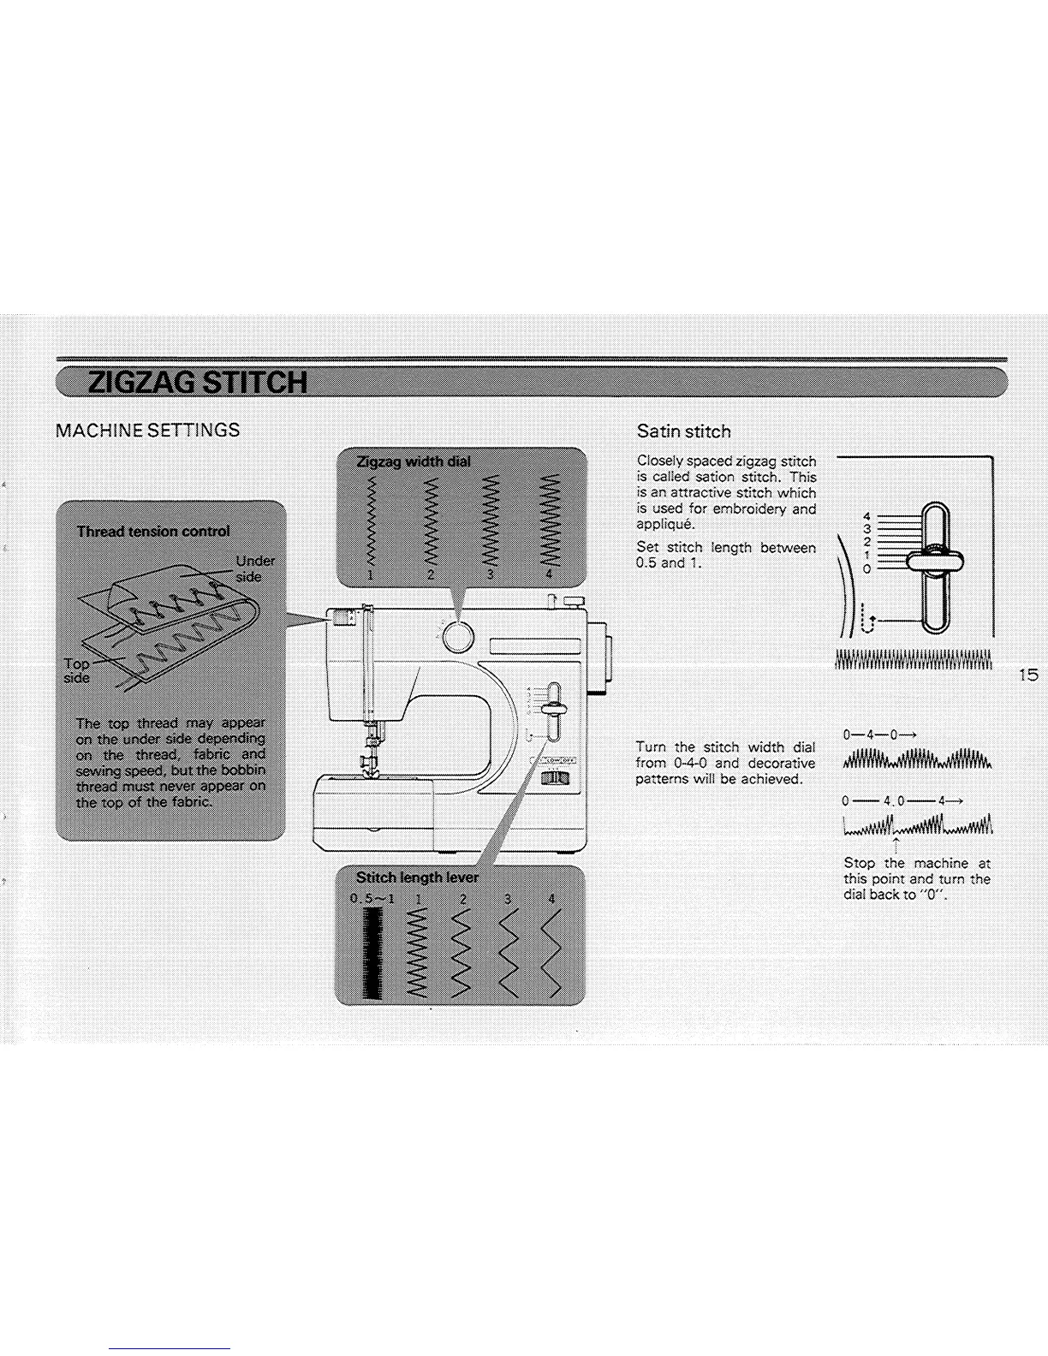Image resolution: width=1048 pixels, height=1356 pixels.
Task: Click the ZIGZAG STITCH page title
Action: (x=198, y=382)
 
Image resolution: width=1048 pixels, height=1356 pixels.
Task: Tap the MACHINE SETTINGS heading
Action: (x=147, y=431)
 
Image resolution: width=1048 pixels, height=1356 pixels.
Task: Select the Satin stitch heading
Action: (x=683, y=431)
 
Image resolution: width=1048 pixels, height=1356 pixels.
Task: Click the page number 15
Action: (x=1028, y=675)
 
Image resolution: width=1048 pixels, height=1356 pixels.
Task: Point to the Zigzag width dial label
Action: (x=414, y=462)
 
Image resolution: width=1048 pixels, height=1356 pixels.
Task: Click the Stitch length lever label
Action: (x=417, y=877)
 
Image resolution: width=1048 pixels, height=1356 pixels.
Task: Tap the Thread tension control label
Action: (x=153, y=532)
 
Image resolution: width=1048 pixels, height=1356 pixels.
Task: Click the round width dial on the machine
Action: (x=458, y=635)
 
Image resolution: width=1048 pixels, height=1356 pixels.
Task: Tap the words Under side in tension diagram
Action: (x=255, y=568)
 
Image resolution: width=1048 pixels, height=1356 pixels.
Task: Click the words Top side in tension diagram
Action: (x=77, y=671)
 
